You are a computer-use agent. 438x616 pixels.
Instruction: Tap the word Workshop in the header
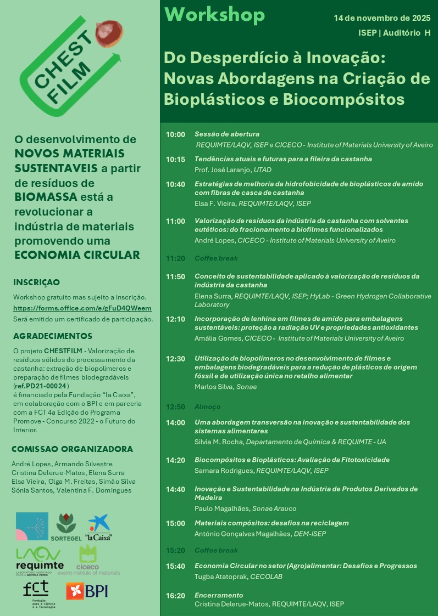[x=214, y=15]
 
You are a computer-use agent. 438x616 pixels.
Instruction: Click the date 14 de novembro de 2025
[x=382, y=18]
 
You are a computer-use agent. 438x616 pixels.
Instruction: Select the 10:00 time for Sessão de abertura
[x=175, y=134]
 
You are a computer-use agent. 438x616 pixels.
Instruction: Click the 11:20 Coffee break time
[x=175, y=258]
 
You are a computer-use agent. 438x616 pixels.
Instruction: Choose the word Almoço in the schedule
[x=207, y=407]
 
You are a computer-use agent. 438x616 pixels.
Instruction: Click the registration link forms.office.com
[x=82, y=308]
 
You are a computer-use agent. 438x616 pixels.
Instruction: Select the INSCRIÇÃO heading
[x=36, y=282]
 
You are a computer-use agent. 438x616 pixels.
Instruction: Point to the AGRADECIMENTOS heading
[x=53, y=336]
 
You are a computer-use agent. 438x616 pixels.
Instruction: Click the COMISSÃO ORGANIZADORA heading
[x=72, y=449]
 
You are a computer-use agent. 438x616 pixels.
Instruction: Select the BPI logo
[x=87, y=590]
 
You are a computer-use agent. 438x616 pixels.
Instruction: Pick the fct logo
[x=36, y=591]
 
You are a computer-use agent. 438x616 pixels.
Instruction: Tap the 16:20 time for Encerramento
[x=175, y=595]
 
